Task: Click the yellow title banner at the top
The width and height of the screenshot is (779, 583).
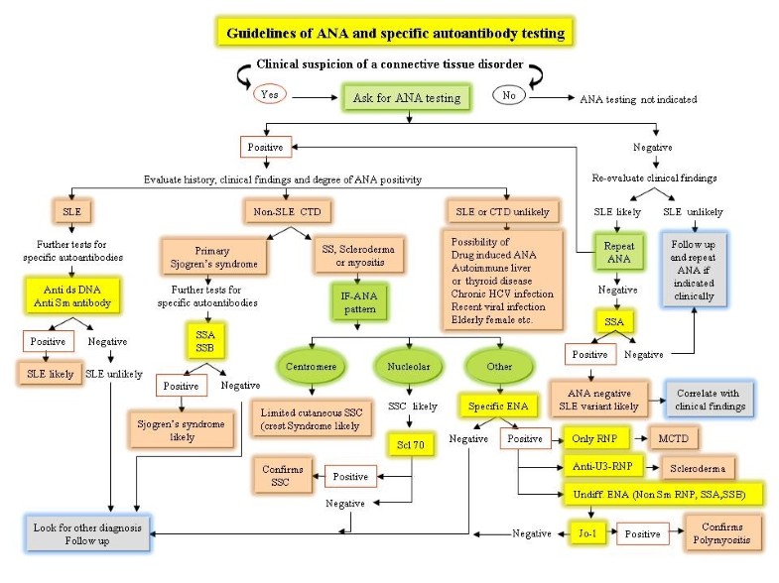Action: pos(395,34)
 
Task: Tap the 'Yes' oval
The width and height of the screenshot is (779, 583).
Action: pos(268,95)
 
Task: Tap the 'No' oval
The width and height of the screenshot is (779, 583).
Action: pos(510,96)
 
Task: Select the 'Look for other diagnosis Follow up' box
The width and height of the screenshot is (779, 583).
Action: pos(90,534)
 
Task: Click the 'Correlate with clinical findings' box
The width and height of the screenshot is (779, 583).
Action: pos(708,398)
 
